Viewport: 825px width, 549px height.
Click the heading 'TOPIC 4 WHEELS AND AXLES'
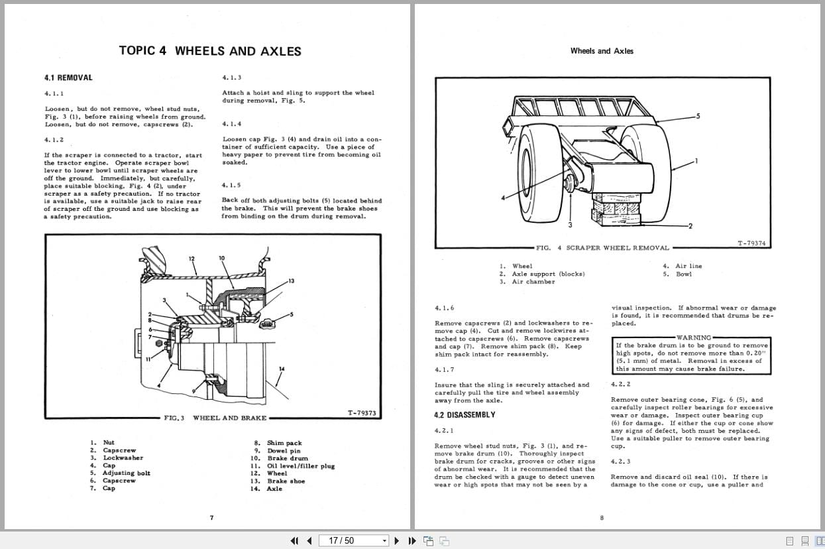pos(209,51)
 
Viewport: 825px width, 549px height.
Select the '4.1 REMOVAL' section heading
pos(68,78)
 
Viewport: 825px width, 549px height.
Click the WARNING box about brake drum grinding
pos(692,353)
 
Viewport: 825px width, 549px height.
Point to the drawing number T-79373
pos(361,414)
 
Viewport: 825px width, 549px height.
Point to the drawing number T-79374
pos(751,243)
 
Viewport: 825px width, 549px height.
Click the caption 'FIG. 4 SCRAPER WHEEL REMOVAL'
pos(602,248)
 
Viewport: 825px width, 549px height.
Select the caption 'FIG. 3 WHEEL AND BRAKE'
pos(216,418)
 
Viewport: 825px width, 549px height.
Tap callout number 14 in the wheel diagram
pos(282,369)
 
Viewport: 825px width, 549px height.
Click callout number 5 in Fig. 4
pos(696,116)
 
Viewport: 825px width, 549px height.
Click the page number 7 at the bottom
pos(211,518)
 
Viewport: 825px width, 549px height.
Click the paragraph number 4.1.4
pos(232,124)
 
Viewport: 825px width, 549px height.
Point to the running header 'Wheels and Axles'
pos(601,51)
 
